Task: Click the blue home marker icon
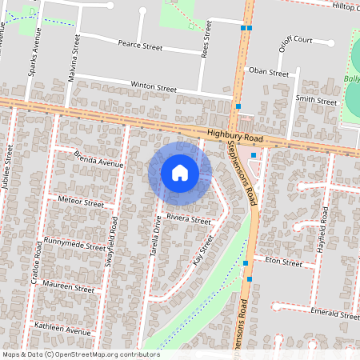coord(180,173)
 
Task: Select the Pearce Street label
coord(140,47)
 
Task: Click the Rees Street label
coord(207,38)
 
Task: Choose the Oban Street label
coord(268,72)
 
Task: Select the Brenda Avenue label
coord(98,158)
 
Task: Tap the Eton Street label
coord(283,262)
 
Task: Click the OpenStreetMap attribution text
coord(81,354)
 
